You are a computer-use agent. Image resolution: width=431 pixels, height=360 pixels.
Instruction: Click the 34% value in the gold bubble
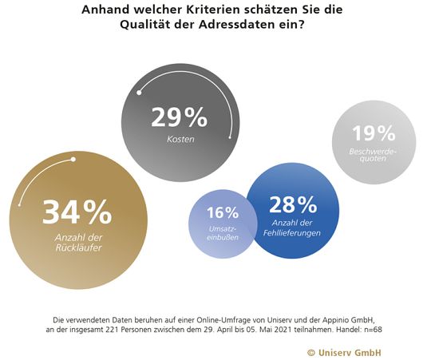(77, 212)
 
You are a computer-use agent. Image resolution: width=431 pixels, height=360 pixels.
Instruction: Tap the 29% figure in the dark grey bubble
(180, 118)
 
